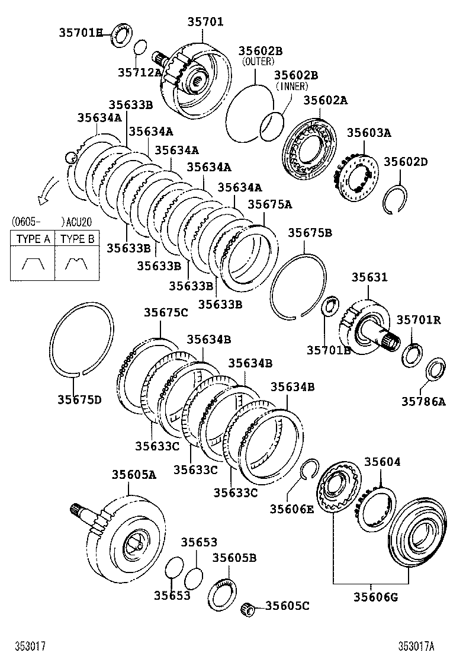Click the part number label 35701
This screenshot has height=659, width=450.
205,22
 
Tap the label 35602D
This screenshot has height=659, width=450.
406,162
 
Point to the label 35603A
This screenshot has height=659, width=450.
369,133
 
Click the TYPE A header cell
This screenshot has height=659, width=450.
32,239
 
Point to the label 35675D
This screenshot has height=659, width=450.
79,399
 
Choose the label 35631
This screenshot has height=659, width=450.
369,277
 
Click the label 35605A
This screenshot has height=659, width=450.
134,474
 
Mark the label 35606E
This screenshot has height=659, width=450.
292,508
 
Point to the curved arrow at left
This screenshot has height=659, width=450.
46,191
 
